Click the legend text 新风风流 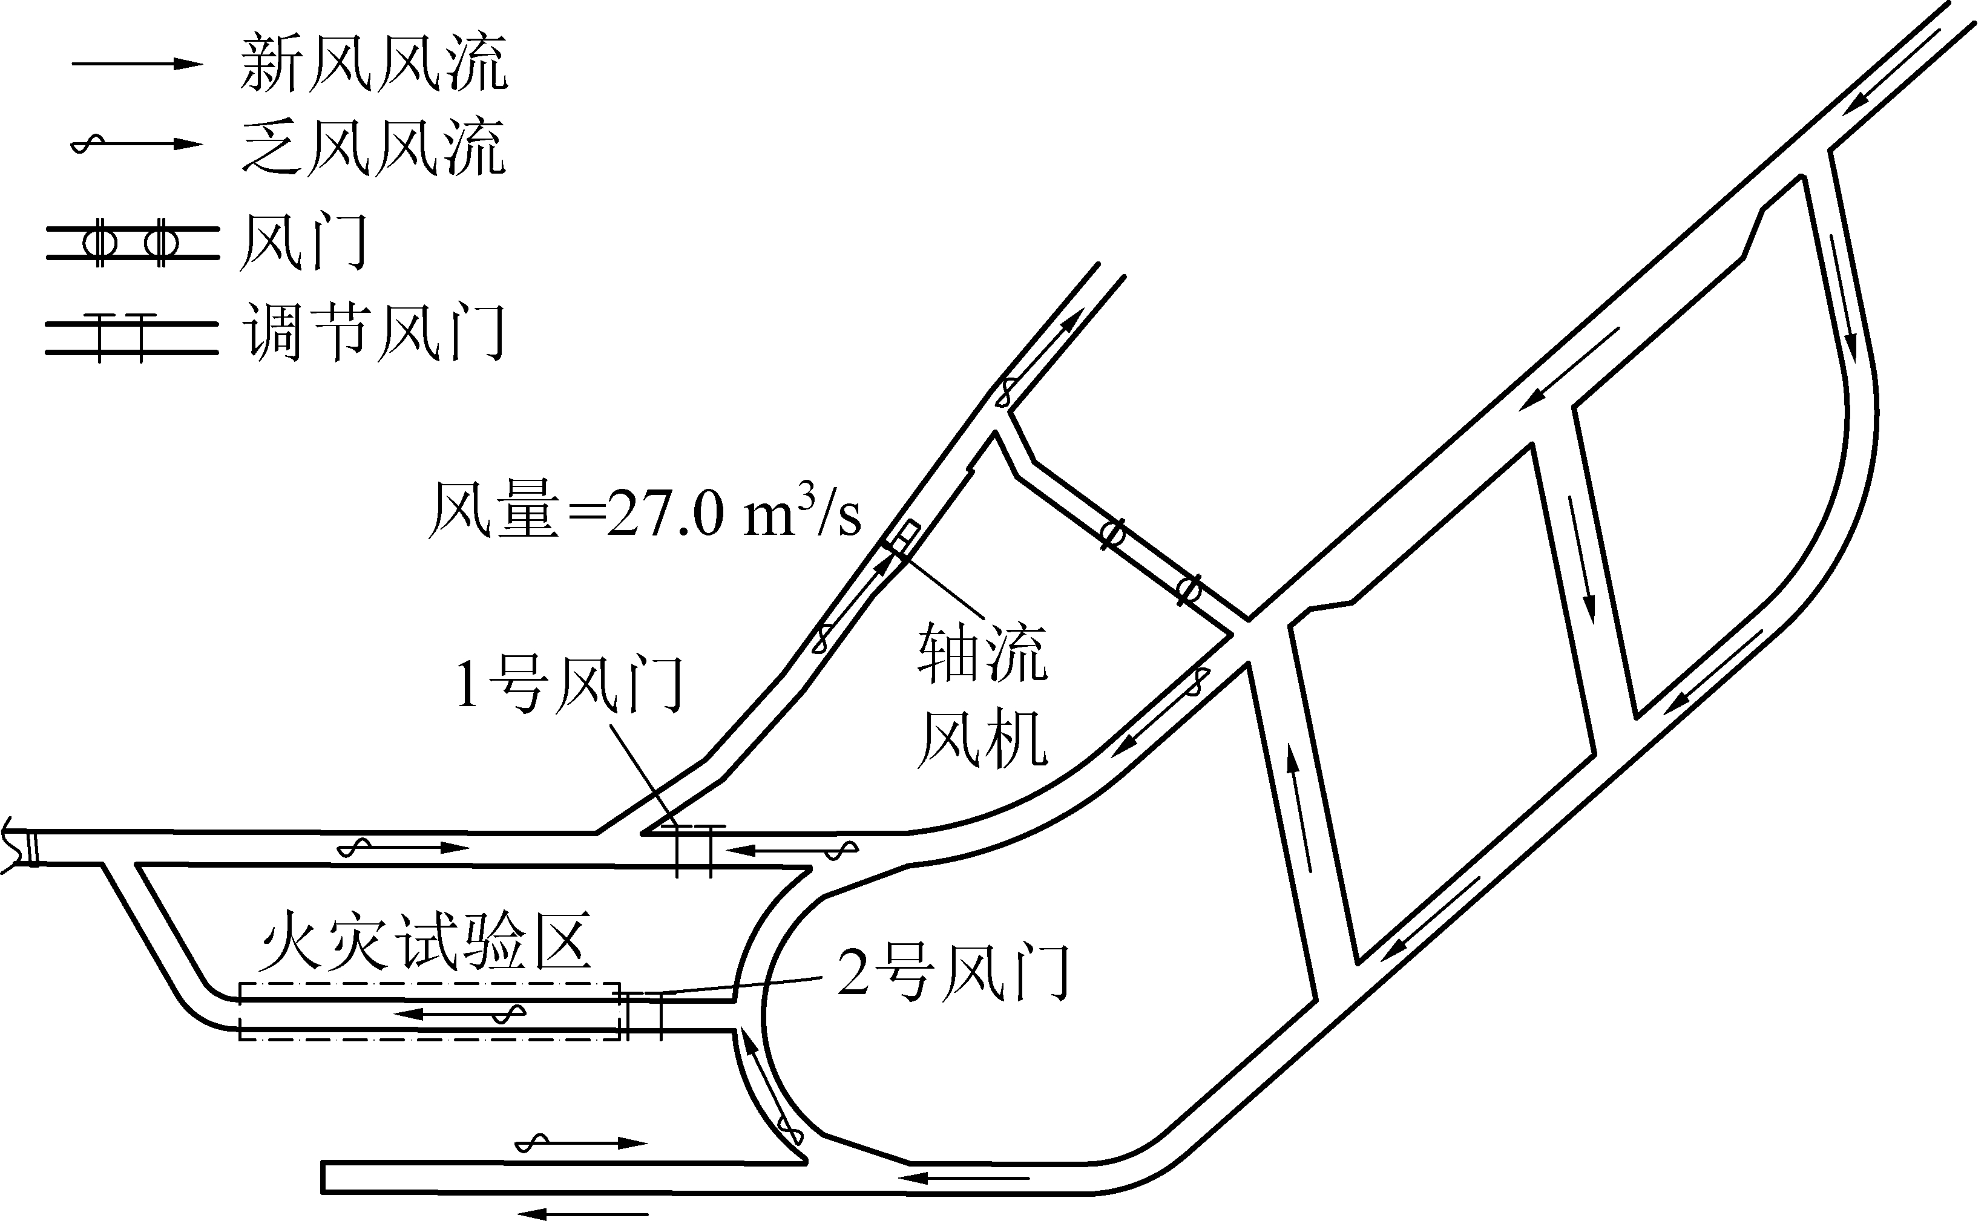pyautogui.click(x=374, y=63)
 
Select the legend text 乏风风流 pyautogui.click(x=374, y=146)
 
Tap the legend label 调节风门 pyautogui.click(x=374, y=331)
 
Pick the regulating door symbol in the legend pyautogui.click(x=132, y=338)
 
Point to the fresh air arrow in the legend pyautogui.click(x=137, y=63)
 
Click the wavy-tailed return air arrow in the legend pyautogui.click(x=137, y=145)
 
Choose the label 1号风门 pyautogui.click(x=570, y=685)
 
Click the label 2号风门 pyautogui.click(x=953, y=972)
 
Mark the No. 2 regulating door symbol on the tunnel pyautogui.click(x=644, y=1016)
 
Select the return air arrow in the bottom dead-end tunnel pyautogui.click(x=582, y=1143)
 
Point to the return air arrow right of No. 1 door pyautogui.click(x=792, y=849)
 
